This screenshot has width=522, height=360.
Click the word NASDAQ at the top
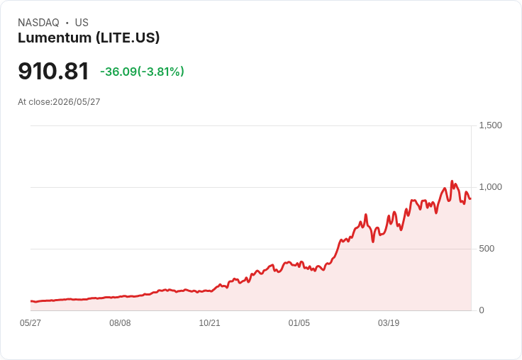[38, 23]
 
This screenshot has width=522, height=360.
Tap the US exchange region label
[82, 23]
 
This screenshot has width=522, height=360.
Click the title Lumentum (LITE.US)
[89, 38]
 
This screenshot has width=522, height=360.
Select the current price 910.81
[53, 71]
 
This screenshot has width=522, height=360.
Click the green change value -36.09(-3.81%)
[142, 72]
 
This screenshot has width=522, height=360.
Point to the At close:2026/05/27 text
[59, 102]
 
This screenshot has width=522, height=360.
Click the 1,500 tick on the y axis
[490, 125]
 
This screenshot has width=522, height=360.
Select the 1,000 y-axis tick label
[490, 187]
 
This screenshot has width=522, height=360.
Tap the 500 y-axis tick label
[487, 249]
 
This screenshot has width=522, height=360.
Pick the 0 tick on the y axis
[482, 310]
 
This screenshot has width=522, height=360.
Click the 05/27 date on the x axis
[30, 323]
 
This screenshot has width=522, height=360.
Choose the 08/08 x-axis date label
[120, 323]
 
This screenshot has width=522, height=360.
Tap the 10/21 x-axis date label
[209, 323]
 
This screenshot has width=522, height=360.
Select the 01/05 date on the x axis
[299, 323]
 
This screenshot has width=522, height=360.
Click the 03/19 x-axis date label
[389, 323]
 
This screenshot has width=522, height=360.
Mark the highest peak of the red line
[452, 181]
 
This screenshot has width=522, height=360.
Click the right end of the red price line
[470, 198]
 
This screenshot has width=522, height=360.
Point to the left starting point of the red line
[31, 301]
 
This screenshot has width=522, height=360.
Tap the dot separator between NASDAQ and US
[67, 23]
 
